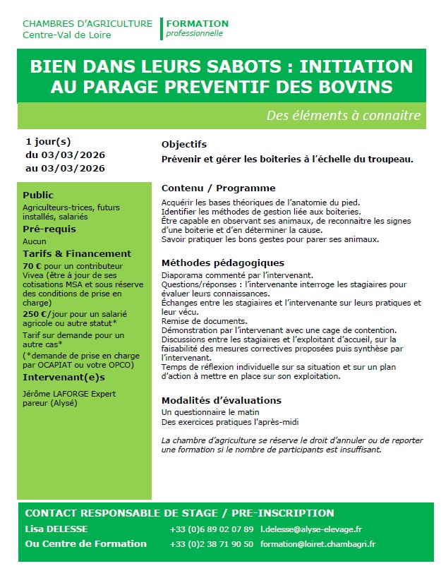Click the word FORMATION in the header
click(x=198, y=23)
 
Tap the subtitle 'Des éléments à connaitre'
click(x=344, y=115)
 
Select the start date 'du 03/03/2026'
click(x=65, y=155)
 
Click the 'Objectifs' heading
click(x=184, y=145)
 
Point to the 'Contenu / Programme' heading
click(x=218, y=188)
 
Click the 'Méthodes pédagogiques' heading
click(x=222, y=263)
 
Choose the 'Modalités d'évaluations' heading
click(x=221, y=400)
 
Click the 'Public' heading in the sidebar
click(x=38, y=195)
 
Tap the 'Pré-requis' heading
click(x=49, y=229)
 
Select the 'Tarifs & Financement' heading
click(x=77, y=253)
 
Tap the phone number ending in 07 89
click(x=211, y=529)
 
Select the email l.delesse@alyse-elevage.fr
click(x=320, y=529)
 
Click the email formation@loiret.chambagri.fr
click(x=318, y=544)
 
